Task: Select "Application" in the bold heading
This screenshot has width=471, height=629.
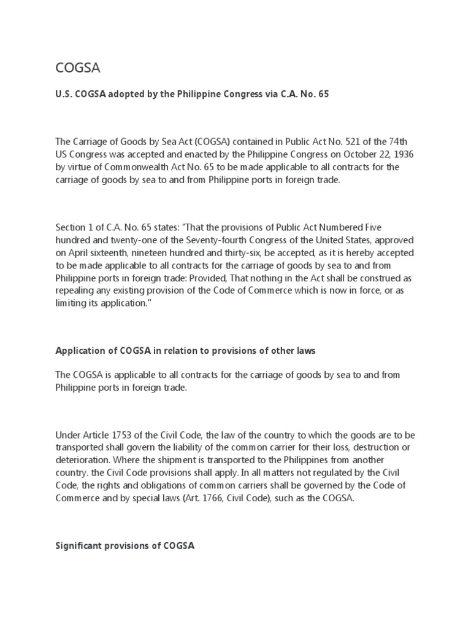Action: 81,351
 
